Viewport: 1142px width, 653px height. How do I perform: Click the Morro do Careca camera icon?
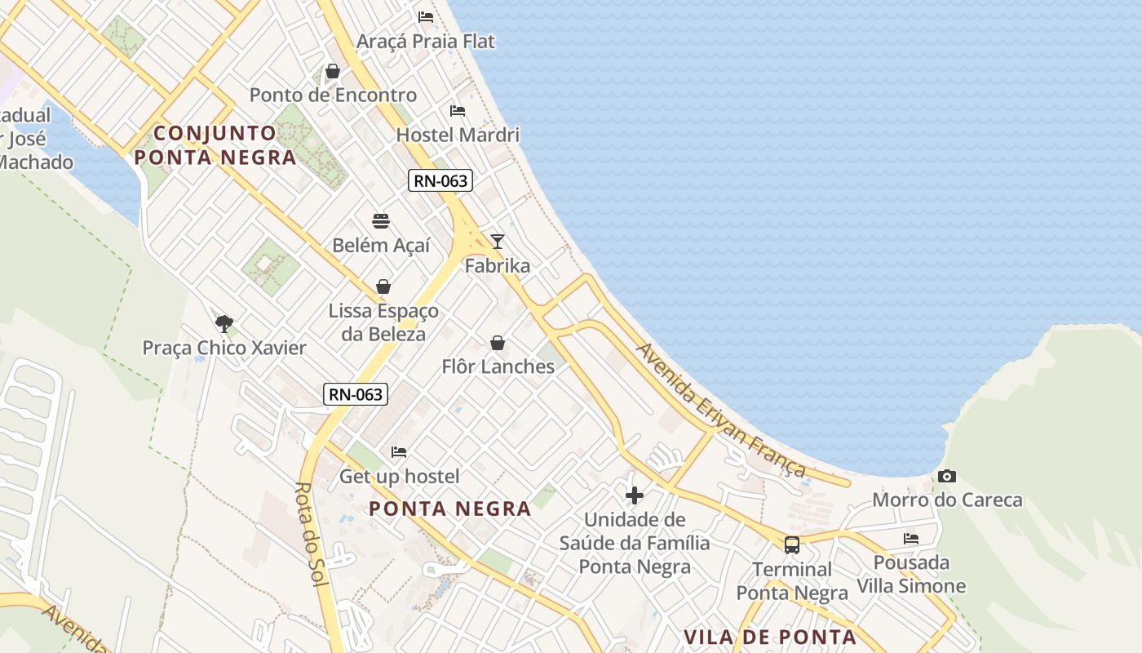coord(946,476)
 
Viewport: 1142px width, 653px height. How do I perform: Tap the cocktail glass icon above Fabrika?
coord(497,241)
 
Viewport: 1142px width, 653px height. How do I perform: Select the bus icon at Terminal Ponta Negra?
coord(791,544)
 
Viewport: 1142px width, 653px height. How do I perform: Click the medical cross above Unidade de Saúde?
coord(634,495)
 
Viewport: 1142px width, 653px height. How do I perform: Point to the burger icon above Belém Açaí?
coord(381,220)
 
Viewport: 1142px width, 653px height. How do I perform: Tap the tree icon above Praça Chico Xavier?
coord(224,323)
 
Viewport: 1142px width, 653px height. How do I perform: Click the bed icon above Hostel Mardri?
coord(458,110)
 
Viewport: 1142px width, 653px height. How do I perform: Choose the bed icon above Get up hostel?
coord(399,451)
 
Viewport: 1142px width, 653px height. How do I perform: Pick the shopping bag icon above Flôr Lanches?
coord(498,343)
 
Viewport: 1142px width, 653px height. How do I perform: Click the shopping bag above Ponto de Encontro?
coord(333,71)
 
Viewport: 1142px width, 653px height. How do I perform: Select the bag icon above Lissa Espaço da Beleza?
coord(383,287)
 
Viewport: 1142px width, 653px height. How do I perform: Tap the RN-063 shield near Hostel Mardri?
coord(440,180)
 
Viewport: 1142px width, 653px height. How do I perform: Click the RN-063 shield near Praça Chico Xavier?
coord(355,394)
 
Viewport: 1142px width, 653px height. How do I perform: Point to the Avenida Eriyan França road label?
coord(721,411)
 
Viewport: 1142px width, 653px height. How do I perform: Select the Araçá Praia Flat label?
coord(426,41)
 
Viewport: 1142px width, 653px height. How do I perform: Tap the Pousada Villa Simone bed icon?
coord(911,538)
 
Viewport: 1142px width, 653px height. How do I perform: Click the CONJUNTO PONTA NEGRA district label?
coord(215,144)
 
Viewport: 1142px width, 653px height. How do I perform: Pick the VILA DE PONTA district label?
coord(770,637)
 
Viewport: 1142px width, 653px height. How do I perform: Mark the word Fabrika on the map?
coord(498,265)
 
